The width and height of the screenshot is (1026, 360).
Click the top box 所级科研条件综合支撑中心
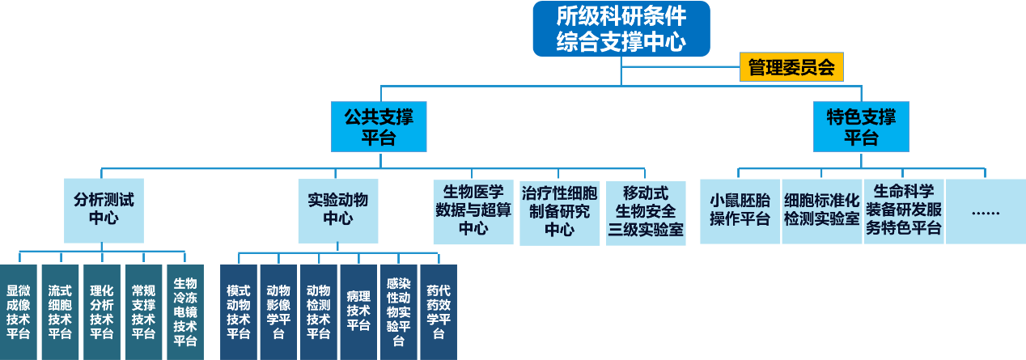(621, 29)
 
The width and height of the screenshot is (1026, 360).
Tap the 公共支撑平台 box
(378, 127)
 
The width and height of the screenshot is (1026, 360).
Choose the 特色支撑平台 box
(861, 127)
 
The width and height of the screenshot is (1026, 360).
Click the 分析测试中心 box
(104, 210)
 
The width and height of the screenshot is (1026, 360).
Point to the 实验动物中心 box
(338, 210)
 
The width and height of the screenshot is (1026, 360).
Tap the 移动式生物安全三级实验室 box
(645, 212)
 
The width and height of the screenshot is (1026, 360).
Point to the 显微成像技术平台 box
(19, 311)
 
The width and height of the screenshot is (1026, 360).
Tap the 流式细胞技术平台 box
(60, 311)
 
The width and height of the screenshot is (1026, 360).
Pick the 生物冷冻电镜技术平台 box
(185, 311)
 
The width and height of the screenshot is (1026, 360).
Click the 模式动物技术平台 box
(239, 311)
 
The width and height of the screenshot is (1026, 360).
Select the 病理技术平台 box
(358, 311)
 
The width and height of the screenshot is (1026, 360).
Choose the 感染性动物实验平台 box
(398, 311)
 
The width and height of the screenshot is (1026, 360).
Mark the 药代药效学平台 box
(439, 311)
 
